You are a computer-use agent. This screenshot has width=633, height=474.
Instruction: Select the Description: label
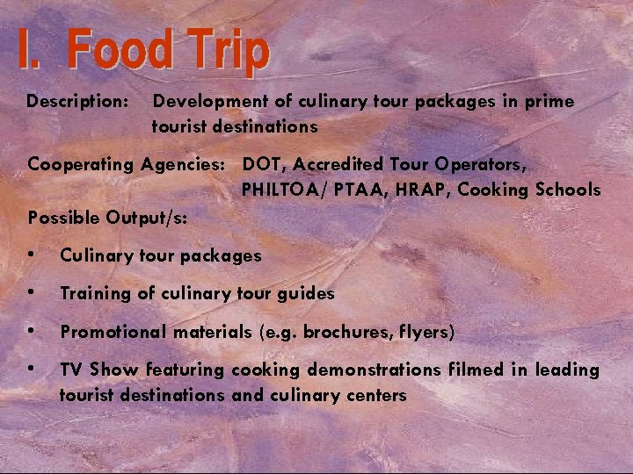(x=78, y=102)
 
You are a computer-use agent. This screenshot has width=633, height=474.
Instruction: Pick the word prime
(x=549, y=103)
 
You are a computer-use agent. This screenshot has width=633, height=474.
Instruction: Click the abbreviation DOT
(x=264, y=163)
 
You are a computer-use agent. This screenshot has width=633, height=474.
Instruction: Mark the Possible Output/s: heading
(x=108, y=217)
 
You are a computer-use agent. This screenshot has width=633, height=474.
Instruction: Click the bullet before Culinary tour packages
(x=33, y=255)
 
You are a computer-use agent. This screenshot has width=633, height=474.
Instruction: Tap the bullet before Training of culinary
(x=33, y=293)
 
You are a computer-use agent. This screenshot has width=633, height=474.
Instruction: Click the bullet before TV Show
(x=33, y=370)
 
